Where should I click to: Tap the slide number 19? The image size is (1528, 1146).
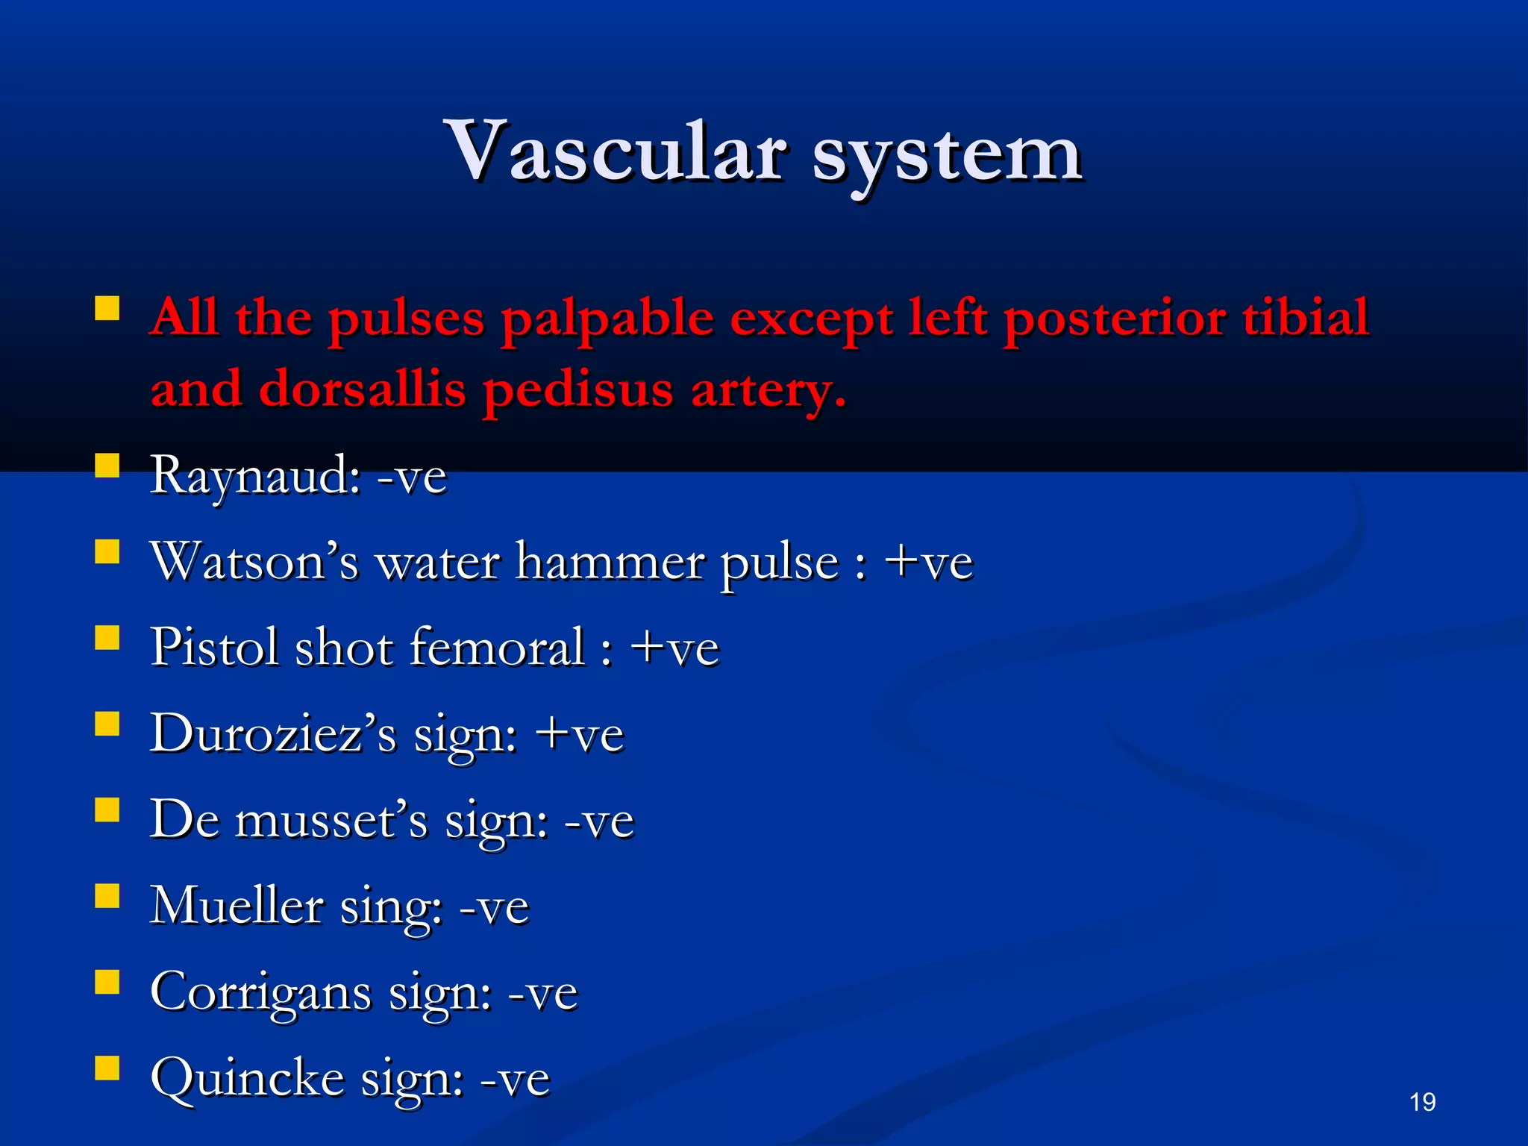click(1422, 1102)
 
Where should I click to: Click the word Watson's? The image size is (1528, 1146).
click(254, 561)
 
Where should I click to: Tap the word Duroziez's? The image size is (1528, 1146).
click(273, 733)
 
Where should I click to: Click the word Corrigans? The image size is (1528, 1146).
click(260, 992)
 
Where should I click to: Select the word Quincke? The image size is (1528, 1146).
click(247, 1078)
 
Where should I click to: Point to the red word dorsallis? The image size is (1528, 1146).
click(363, 389)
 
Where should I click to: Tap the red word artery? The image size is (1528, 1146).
click(768, 390)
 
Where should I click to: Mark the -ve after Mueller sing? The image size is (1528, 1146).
click(494, 907)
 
